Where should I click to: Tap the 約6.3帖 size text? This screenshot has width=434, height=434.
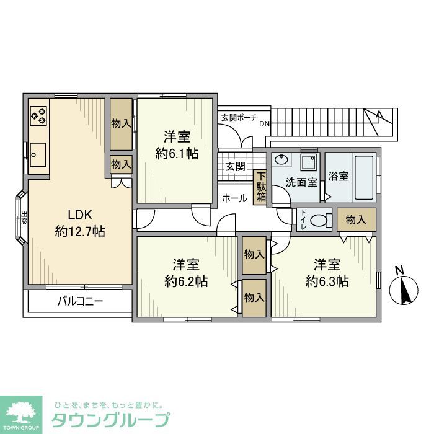pyautogui.click(x=327, y=281)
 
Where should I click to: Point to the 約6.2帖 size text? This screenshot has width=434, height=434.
pyautogui.click(x=186, y=281)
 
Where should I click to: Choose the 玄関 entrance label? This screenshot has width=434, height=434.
pyautogui.click(x=235, y=166)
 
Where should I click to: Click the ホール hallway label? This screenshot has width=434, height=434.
pyautogui.click(x=234, y=199)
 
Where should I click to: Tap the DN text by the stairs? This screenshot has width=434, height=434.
pyautogui.click(x=265, y=123)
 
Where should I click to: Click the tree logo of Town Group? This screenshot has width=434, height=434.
pyautogui.click(x=22, y=412)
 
